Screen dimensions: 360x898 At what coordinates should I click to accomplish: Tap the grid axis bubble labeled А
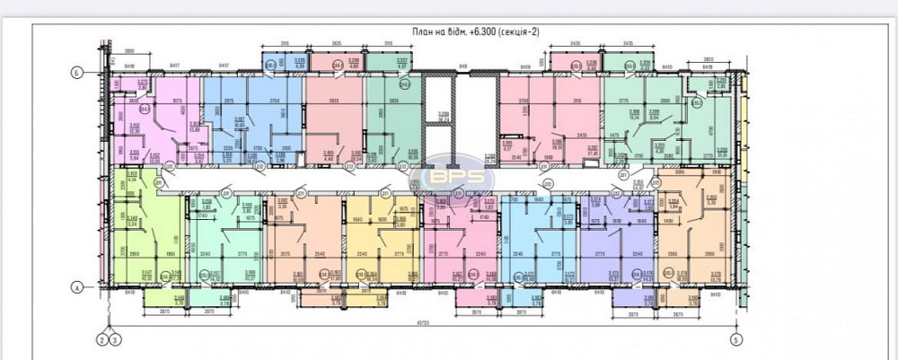(77, 287)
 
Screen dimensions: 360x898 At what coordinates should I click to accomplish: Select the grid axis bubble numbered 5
(736, 339)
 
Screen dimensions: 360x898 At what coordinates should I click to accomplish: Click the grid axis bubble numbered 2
(101, 339)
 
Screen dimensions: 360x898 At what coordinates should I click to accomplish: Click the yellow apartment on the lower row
(382, 238)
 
